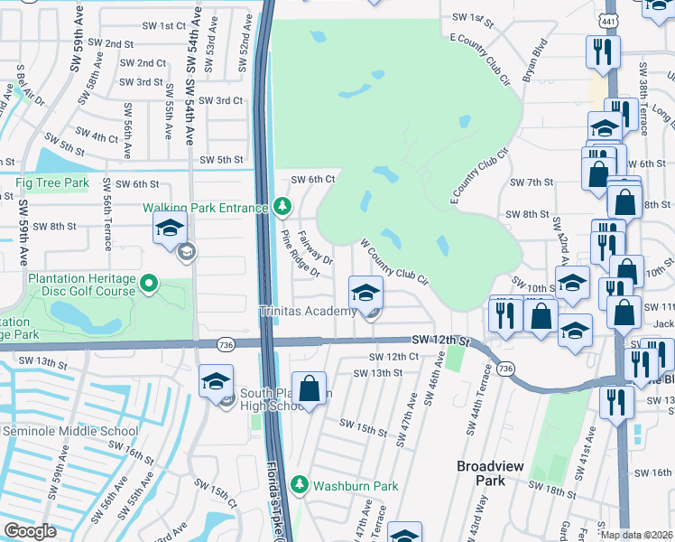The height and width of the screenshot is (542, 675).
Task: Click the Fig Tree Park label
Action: coord(52,183)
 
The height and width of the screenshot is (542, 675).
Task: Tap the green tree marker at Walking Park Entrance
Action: coord(282,208)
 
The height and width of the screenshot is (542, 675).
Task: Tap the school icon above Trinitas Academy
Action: coord(365,294)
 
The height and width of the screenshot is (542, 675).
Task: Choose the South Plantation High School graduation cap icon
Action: coord(217,382)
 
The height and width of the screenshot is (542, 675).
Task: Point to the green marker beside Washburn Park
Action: coord(303,486)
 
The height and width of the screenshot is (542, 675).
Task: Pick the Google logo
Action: coord(31,531)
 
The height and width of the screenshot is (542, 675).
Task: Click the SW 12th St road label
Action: coord(442,340)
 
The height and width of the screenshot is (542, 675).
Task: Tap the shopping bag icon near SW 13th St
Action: coord(309,390)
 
